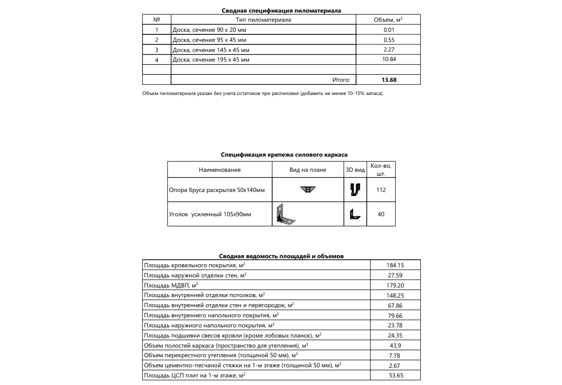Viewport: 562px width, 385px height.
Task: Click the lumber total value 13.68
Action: [388, 80]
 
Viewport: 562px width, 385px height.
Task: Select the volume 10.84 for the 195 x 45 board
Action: [388, 60]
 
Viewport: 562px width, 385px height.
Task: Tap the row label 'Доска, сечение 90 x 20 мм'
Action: [209, 30]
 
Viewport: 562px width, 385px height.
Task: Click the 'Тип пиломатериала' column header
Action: [264, 20]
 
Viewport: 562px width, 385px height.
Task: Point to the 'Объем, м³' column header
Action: [388, 20]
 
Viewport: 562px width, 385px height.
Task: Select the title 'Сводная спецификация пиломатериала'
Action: [281, 11]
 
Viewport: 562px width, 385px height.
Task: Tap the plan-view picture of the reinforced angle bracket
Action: [286, 214]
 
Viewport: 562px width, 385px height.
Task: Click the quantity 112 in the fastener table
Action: [381, 190]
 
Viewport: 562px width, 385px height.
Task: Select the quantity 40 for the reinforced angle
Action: [381, 214]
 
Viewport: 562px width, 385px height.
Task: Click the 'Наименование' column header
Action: [220, 170]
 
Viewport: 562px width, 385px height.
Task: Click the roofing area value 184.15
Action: [395, 265]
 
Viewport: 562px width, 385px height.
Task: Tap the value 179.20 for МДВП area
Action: [395, 285]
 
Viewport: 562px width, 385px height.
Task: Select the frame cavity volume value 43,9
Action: [395, 346]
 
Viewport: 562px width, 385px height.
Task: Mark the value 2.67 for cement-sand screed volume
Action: [395, 365]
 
